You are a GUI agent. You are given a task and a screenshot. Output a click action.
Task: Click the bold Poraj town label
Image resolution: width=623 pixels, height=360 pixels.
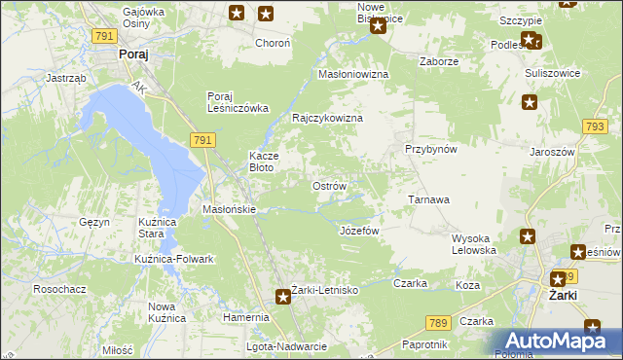[132, 55]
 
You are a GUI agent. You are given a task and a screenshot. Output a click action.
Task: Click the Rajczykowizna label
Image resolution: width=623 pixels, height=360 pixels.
[328, 118]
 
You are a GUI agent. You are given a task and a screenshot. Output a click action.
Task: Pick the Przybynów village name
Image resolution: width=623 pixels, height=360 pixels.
[431, 149]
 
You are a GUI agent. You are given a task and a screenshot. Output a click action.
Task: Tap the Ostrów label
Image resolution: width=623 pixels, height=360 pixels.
[328, 185]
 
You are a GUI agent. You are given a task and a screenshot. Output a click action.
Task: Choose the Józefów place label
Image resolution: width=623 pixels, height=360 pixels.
[357, 231]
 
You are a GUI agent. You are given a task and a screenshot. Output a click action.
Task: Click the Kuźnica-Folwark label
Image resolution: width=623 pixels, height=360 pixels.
[174, 259]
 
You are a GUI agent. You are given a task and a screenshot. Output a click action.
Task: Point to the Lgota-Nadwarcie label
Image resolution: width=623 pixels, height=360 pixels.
[286, 346]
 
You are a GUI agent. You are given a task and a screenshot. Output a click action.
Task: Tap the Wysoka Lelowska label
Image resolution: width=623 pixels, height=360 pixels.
[475, 244]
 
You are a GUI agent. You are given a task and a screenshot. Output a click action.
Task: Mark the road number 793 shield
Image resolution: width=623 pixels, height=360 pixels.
[595, 126]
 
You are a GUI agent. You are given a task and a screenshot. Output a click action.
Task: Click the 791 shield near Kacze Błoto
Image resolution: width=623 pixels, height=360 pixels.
[202, 140]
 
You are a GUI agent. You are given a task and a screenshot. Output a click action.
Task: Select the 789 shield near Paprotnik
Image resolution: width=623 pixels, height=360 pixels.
[438, 322]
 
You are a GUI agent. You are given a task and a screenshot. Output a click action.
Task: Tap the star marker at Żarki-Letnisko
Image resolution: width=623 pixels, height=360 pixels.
[282, 298]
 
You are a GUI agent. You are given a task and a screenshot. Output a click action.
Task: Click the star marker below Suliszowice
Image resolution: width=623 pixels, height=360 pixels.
[530, 101]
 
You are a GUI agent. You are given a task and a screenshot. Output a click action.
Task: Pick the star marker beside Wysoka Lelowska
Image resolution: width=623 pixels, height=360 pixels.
[527, 236]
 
